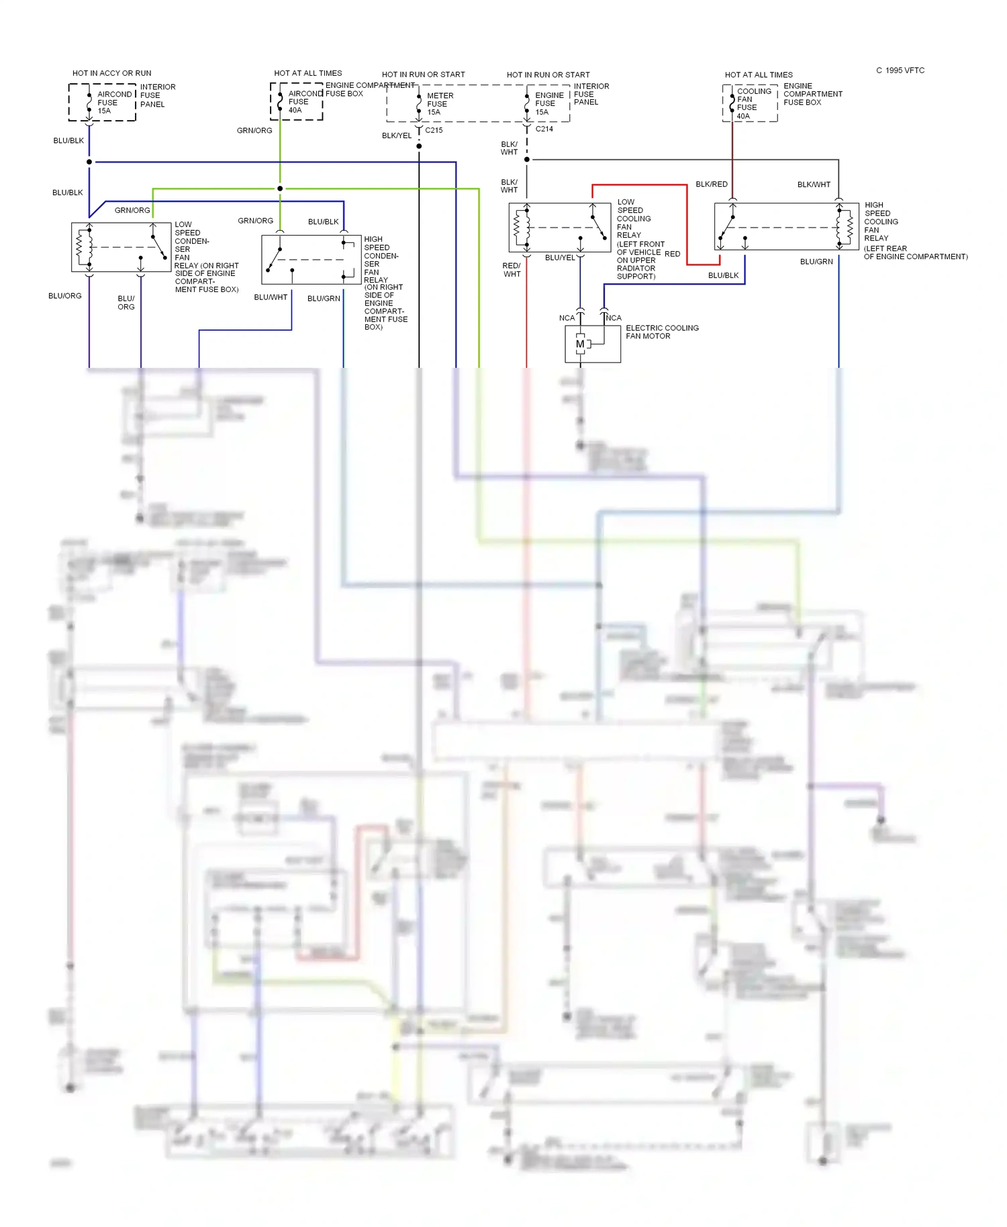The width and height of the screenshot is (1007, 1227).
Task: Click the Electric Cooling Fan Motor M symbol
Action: point(580,344)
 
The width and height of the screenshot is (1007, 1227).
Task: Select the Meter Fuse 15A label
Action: point(440,104)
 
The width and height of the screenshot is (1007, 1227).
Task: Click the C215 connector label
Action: point(434,130)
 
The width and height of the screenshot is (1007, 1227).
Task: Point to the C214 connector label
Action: point(544,129)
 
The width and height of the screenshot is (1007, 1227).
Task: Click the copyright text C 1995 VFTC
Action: point(900,70)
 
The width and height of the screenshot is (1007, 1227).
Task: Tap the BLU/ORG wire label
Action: point(65,296)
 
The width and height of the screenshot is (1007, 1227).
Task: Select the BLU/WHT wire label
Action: point(271,297)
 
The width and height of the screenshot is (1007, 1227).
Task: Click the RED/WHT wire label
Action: point(512,270)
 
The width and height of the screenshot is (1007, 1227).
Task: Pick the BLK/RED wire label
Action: point(712,184)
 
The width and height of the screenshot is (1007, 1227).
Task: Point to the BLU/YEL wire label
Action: point(560,258)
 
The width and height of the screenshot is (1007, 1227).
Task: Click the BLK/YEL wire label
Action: point(397,136)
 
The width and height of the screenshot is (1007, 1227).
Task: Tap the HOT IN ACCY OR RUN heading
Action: point(112,73)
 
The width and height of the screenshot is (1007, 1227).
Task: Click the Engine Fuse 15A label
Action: point(548,103)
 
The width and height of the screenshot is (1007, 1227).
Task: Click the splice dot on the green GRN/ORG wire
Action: point(280,189)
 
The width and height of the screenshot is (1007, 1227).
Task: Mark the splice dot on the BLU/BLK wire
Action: point(89,162)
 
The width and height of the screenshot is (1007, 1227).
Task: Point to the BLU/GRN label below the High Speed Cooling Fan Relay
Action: point(816,262)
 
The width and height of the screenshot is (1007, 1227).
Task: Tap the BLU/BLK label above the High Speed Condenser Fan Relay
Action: point(324,222)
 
